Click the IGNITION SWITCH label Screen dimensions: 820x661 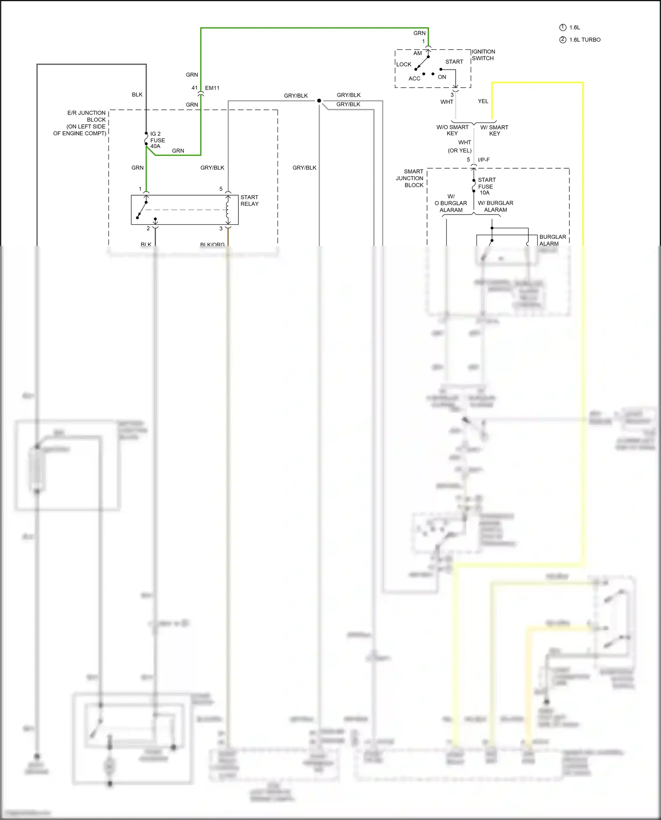483,55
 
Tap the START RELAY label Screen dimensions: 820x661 249,200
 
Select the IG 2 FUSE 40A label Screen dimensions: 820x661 157,140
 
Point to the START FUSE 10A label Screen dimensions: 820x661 486,186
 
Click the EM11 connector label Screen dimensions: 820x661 212,88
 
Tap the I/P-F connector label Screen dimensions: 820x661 483,160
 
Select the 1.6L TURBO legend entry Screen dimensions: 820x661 584,40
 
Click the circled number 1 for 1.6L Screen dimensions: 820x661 563,27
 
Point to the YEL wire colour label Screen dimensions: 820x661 483,101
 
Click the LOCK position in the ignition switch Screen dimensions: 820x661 404,64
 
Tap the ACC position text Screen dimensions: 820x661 414,79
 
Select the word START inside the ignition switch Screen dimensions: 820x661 454,62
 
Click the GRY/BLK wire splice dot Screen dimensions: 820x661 319,101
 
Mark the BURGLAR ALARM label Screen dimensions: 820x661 552,240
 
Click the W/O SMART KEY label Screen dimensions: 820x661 453,130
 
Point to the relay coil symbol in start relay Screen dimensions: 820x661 228,210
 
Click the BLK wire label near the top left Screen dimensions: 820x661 137,95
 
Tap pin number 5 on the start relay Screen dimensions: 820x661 221,189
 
